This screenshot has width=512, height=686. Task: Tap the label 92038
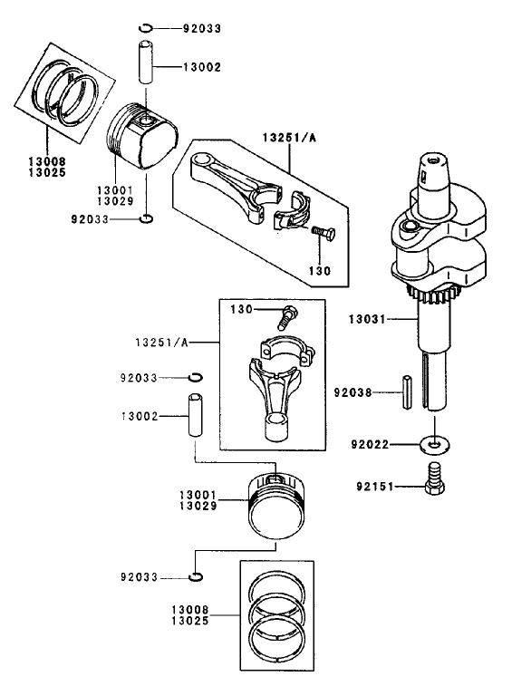[353, 393]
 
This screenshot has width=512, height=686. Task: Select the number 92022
[371, 445]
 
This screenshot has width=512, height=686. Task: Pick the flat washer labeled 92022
[436, 444]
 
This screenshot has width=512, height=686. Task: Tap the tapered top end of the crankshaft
[433, 169]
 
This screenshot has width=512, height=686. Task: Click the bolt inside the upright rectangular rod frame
[288, 315]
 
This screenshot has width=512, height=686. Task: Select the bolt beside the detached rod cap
[324, 235]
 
